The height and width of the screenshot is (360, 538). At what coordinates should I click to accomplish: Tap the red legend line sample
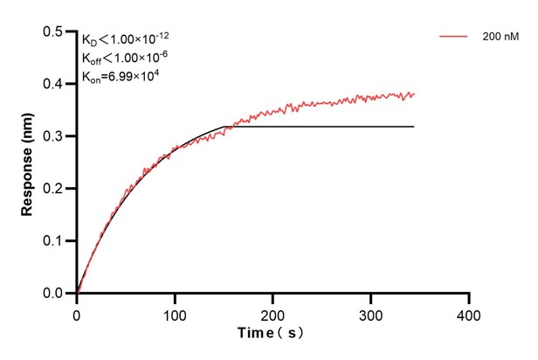tap(455, 37)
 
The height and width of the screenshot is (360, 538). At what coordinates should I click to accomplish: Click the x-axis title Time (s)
tap(272, 334)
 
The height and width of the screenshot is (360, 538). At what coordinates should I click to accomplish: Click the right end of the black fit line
tap(414, 127)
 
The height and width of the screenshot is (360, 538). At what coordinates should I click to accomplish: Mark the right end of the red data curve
tap(414, 93)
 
